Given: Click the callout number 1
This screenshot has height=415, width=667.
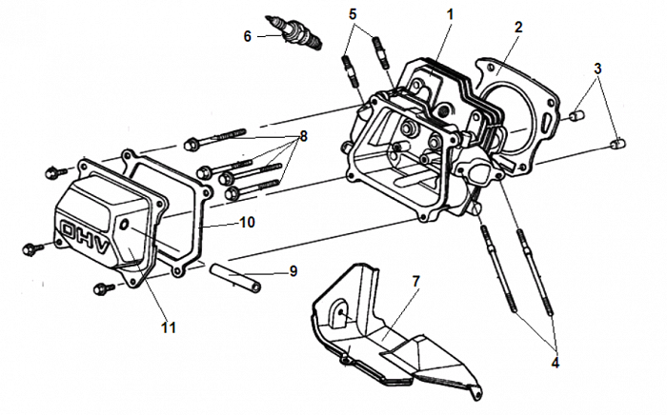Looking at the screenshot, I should (x=450, y=14).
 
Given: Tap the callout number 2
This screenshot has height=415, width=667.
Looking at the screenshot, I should (x=517, y=27).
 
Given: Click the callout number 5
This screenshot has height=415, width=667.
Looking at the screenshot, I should (x=354, y=14).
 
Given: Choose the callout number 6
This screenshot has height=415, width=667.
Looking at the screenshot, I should (x=248, y=36).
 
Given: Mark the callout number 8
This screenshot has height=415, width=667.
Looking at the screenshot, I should (x=304, y=136).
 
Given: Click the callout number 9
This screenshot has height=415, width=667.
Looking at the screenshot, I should (x=293, y=271).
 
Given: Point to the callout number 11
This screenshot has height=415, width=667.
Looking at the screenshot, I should (x=168, y=327).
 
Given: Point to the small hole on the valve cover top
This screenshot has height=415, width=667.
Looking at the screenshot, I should (x=124, y=222).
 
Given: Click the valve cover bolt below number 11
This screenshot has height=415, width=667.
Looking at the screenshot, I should (x=101, y=287).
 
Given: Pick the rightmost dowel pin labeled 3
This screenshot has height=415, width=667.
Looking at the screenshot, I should (x=616, y=144).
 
